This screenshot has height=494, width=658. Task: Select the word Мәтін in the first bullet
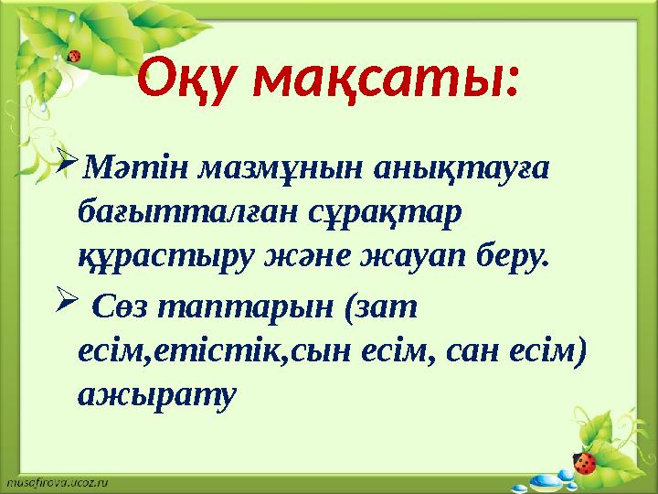pos(116,169)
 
